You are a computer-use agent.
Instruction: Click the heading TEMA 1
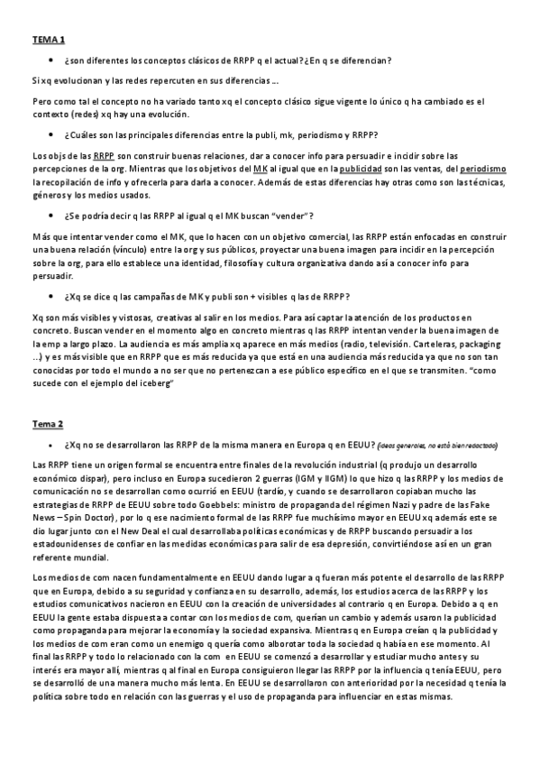pos(48,40)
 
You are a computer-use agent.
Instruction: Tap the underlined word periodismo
pos(483,169)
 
